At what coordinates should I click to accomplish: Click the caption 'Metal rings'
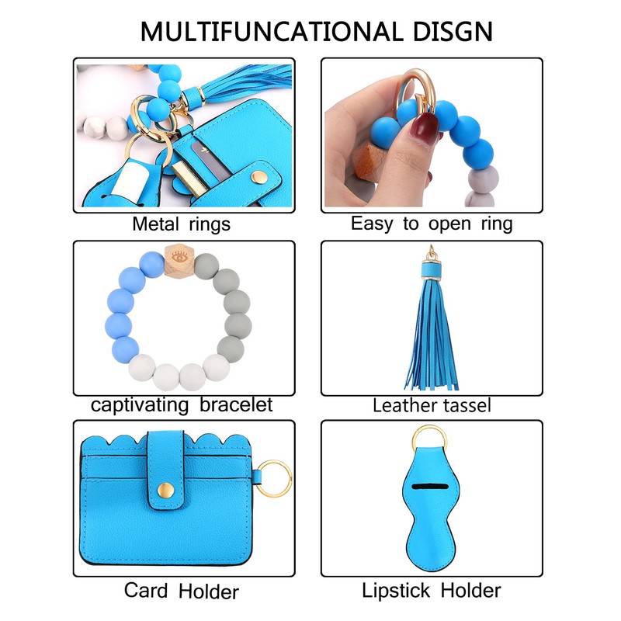tap(181, 224)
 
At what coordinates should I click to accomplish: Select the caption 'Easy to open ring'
tap(432, 224)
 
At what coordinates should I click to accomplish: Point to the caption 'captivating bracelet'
tap(182, 405)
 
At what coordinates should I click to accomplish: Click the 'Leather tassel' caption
tap(432, 405)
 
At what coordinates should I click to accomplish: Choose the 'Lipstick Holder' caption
tap(432, 590)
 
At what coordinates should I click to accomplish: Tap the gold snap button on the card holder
tap(165, 491)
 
